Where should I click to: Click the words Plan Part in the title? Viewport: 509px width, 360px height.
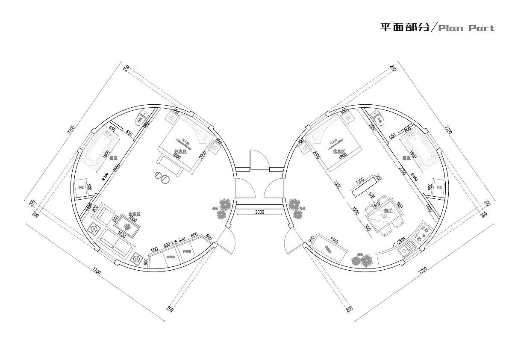pyautogui.click(x=467, y=28)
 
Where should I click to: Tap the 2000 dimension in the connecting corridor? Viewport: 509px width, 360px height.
pyautogui.click(x=259, y=212)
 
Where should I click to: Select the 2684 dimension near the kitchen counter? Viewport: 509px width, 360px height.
pyautogui.click(x=401, y=241)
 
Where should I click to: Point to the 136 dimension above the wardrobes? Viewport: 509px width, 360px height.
pyautogui.click(x=174, y=243)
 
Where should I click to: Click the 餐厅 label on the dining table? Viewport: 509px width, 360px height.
pyautogui.click(x=388, y=210)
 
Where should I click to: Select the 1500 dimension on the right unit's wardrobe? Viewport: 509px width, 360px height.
pyautogui.click(x=334, y=242)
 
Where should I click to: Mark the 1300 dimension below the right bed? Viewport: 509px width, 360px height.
pyautogui.click(x=338, y=186)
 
